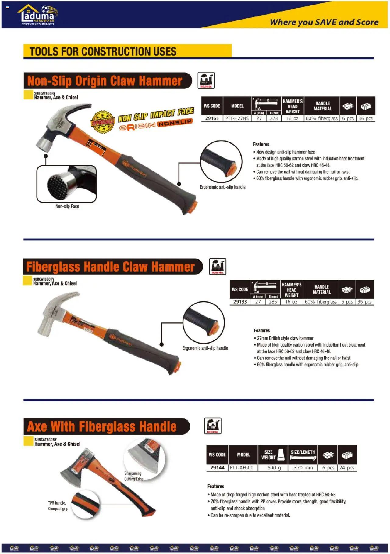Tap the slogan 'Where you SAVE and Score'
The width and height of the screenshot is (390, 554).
324,22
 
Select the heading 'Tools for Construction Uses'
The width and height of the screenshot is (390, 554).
103,51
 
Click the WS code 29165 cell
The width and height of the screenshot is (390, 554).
212,118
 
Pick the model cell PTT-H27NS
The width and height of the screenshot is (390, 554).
237,118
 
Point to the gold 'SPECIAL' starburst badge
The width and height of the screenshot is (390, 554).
103,122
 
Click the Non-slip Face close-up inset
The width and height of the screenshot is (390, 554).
67,184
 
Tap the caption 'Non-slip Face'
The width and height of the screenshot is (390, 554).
67,207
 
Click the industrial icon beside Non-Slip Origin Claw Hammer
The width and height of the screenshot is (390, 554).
206,81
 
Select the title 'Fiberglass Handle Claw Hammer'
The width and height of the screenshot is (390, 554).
110,267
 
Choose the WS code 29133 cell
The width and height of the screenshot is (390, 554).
240,302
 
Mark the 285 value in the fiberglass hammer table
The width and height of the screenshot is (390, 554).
273,302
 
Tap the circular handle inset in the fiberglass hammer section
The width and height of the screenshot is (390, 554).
204,322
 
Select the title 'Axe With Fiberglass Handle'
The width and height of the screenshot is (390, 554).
102,426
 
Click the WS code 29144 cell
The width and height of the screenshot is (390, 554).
217,468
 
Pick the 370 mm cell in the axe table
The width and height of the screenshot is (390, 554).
303,468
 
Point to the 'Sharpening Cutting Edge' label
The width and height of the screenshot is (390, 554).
133,476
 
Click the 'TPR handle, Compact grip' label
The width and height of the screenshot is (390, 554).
58,506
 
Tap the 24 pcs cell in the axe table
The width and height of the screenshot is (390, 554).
347,468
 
